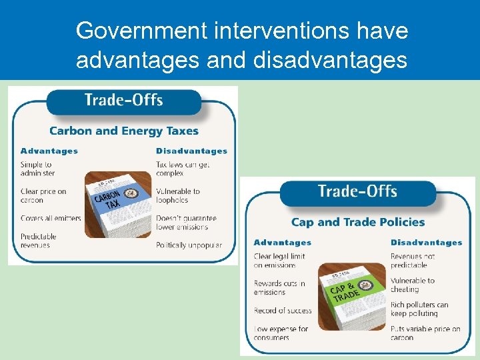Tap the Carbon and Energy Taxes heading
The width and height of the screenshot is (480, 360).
pos(124,131)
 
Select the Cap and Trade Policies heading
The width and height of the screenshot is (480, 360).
pos(358,222)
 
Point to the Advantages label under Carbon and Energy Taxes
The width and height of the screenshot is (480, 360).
pos(49,151)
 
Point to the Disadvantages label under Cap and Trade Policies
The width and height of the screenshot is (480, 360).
pos(426,243)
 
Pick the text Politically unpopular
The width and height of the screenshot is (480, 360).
pos(189,245)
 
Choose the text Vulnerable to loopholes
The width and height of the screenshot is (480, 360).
pos(177,195)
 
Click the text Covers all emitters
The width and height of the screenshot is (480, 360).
pos(51,218)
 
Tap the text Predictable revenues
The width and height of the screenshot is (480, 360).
pos(39,241)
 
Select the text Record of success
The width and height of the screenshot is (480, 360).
pos(282,310)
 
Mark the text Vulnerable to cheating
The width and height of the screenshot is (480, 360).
pos(412,285)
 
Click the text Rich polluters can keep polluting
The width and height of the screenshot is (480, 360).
pos(419,309)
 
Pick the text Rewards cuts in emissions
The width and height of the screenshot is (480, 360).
pos(279,287)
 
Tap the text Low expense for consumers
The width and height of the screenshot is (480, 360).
pos(281,333)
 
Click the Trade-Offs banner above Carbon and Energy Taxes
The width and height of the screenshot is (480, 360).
pos(124,101)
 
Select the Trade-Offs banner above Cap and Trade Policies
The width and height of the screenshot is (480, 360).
pos(357,192)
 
